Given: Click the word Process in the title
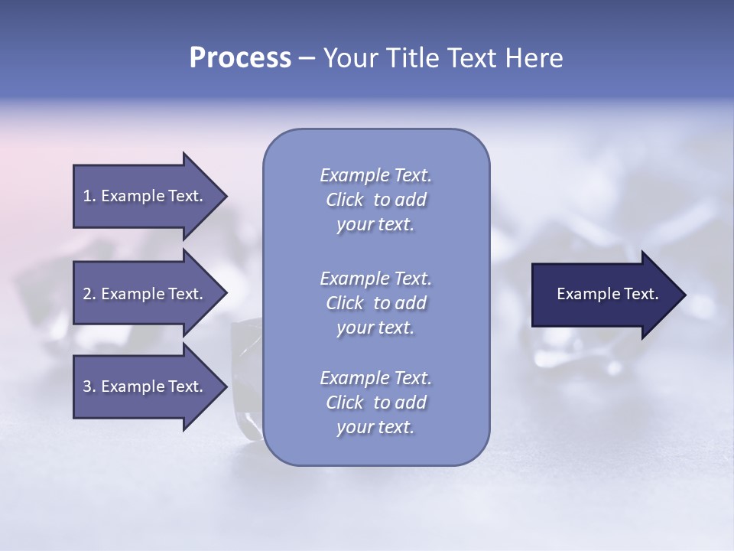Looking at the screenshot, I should pyautogui.click(x=240, y=58).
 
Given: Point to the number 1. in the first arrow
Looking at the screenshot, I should pyautogui.click(x=89, y=196).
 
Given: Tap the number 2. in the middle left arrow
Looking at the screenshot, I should pyautogui.click(x=89, y=294).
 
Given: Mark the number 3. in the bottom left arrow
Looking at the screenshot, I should pyautogui.click(x=89, y=386).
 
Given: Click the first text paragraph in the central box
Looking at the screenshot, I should pyautogui.click(x=375, y=200).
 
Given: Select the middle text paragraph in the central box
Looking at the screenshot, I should pyautogui.click(x=375, y=302).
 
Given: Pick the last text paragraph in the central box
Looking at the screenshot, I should pyautogui.click(x=375, y=403).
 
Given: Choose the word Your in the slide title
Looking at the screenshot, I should pyautogui.click(x=349, y=58).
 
